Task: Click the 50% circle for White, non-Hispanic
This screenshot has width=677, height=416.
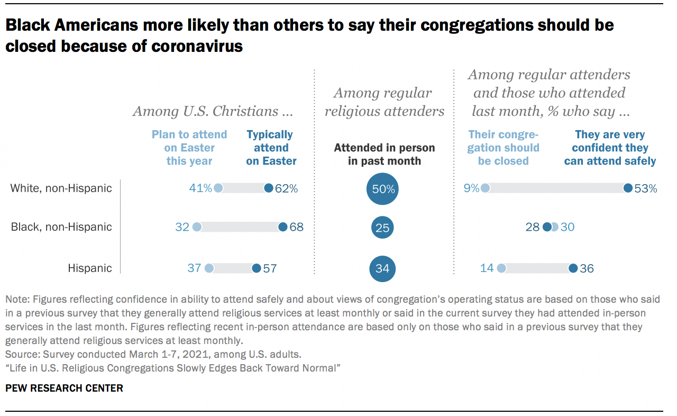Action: click(x=382, y=189)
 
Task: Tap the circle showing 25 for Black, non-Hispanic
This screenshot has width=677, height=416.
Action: click(x=382, y=228)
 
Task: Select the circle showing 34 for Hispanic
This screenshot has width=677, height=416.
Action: click(x=382, y=268)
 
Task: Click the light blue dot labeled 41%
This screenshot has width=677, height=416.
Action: click(x=218, y=188)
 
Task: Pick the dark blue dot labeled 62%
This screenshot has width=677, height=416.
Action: click(x=268, y=188)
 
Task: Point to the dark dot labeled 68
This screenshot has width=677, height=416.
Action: click(x=282, y=227)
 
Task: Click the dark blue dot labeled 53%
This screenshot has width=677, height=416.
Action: click(x=628, y=188)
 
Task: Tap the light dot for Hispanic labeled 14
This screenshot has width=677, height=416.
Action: click(x=501, y=268)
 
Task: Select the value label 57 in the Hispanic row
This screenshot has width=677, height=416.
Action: click(x=270, y=268)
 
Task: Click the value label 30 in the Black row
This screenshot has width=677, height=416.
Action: click(x=567, y=227)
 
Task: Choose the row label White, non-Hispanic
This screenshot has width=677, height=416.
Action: click(x=61, y=188)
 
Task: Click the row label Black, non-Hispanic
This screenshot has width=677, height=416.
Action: click(x=61, y=227)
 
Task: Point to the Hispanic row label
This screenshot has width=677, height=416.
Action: click(x=90, y=268)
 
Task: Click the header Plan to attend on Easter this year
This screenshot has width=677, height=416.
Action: click(x=189, y=148)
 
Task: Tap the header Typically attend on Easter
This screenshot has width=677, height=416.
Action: click(x=271, y=148)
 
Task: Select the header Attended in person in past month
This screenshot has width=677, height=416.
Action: click(x=385, y=154)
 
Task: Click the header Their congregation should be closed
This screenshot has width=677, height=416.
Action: click(x=504, y=148)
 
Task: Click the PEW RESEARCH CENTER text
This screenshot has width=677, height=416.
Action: click(x=64, y=388)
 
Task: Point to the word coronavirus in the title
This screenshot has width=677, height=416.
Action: click(x=197, y=46)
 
